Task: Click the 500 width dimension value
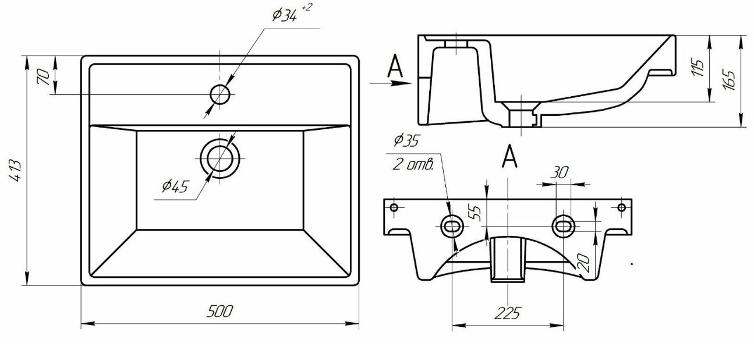click(x=220, y=312)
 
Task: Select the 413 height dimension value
click(x=16, y=171)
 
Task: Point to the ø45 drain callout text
click(x=175, y=186)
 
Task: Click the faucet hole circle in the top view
click(x=220, y=94)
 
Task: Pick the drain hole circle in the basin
click(x=220, y=158)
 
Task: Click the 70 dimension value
click(x=44, y=76)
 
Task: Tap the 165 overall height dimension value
click(x=728, y=80)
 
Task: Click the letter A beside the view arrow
click(x=395, y=66)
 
